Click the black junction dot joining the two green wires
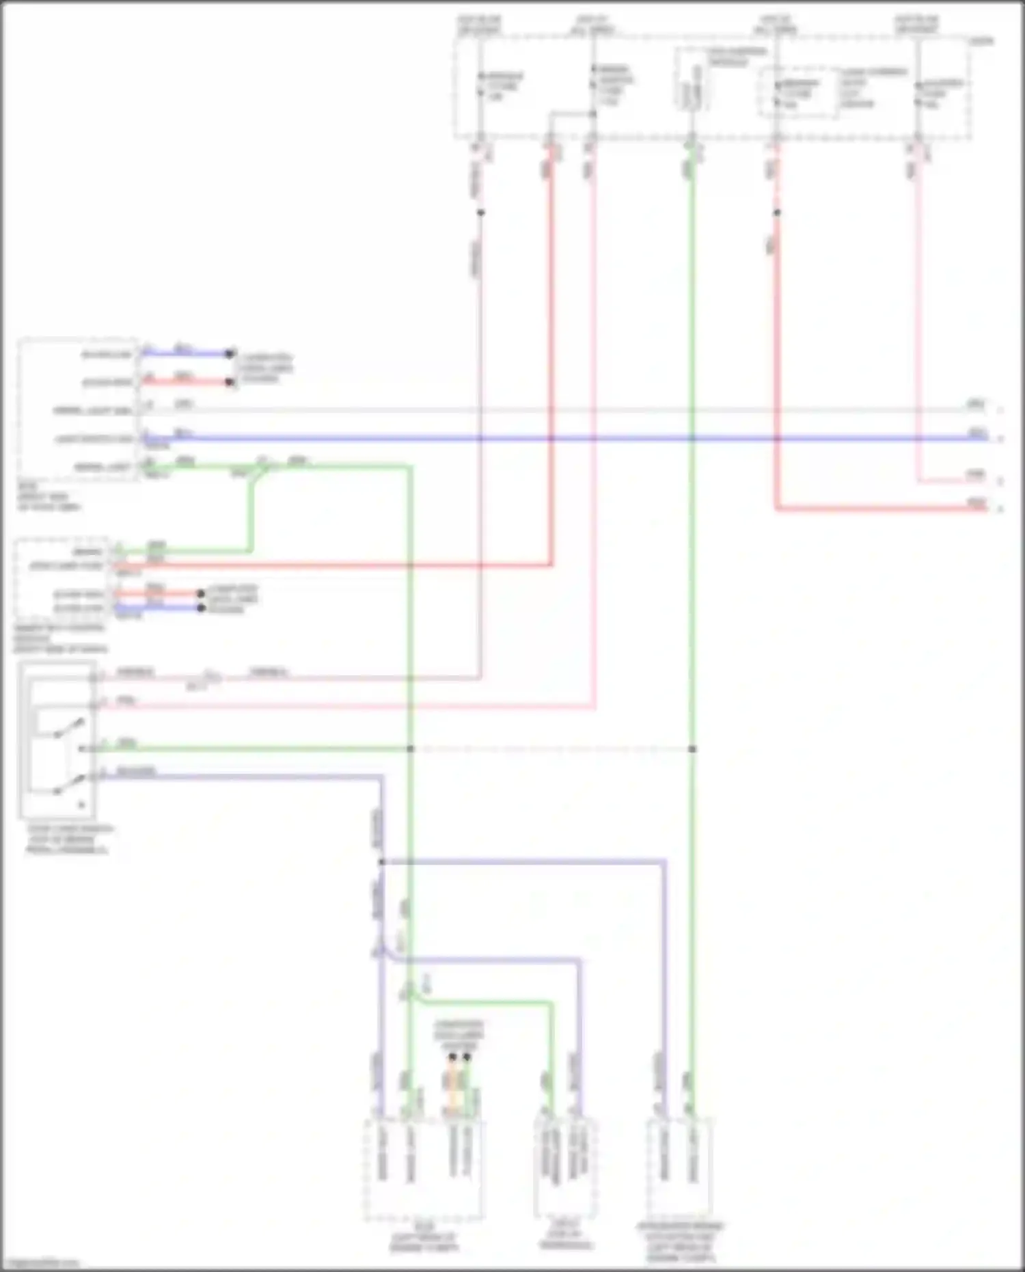coord(411,749)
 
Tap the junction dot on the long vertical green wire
coord(692,749)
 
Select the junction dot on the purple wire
coord(381,862)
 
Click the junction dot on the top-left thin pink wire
coord(480,213)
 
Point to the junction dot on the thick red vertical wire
coord(777,213)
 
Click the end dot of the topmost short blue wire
coord(230,354)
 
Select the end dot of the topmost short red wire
coord(230,382)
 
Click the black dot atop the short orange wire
coord(452,1057)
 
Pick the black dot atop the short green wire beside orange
coord(467,1057)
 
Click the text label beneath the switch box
coord(68,839)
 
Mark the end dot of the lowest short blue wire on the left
coord(201,608)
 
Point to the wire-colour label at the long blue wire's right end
coord(977,433)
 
